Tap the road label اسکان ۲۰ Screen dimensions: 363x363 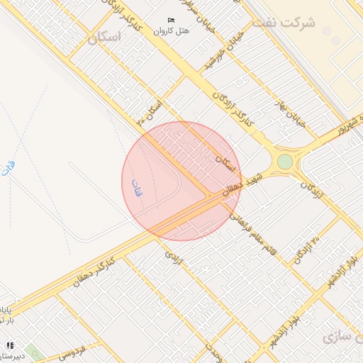coord(152,112)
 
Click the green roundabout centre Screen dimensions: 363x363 coord(285,162)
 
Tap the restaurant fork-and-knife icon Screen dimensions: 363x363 coord(9,345)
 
